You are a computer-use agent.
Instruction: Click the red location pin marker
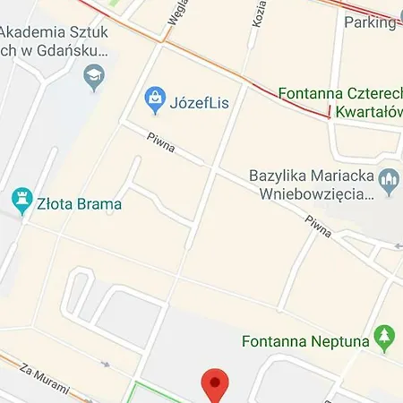(x=214, y=384)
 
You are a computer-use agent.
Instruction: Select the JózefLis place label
(x=198, y=102)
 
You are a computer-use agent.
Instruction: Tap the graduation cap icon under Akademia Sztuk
(x=93, y=80)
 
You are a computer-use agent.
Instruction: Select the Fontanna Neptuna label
(x=304, y=341)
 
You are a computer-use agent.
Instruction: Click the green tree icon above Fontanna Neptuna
(x=384, y=336)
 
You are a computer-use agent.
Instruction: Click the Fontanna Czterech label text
(x=337, y=93)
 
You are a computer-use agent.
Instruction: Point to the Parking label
(x=369, y=21)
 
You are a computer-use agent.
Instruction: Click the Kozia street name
(x=259, y=13)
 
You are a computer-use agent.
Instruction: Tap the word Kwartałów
(x=367, y=113)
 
